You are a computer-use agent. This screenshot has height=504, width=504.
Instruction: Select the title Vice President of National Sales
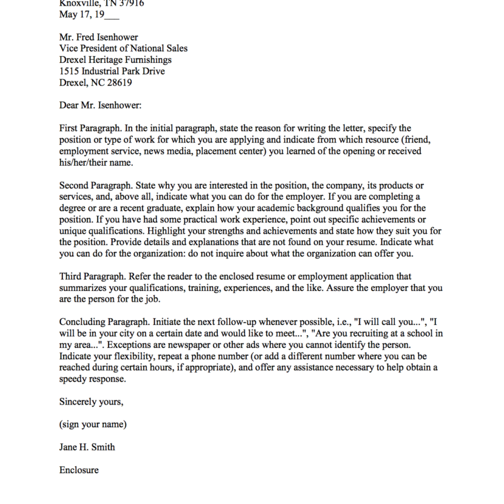click(123, 49)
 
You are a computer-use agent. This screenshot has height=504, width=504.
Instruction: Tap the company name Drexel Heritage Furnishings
click(115, 60)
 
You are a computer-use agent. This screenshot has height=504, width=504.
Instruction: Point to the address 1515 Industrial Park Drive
click(112, 71)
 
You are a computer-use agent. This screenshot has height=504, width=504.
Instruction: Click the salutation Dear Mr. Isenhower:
click(100, 105)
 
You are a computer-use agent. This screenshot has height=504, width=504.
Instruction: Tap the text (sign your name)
click(93, 424)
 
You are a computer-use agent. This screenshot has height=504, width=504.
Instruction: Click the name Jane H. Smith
click(87, 447)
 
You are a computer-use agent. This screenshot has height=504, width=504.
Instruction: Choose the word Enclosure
click(79, 469)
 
